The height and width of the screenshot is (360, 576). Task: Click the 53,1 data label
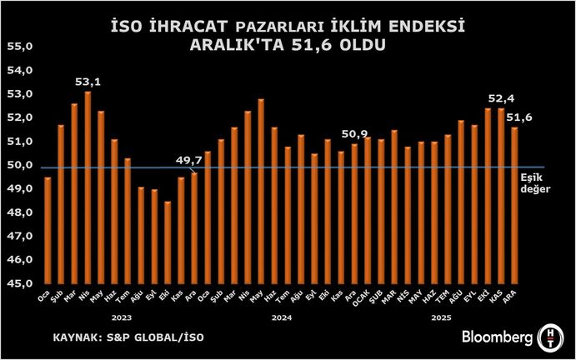point(88,82)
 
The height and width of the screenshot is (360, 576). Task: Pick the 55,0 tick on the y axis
point(19,47)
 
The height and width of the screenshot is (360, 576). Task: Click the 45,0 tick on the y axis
point(19,283)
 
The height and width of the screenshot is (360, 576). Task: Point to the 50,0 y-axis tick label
point(19,166)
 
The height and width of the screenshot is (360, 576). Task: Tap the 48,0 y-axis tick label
point(19,212)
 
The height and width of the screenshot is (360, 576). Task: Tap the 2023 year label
point(122,317)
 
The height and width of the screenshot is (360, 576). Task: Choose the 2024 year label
point(282,317)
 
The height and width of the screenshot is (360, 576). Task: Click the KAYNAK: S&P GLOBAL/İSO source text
point(128,337)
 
